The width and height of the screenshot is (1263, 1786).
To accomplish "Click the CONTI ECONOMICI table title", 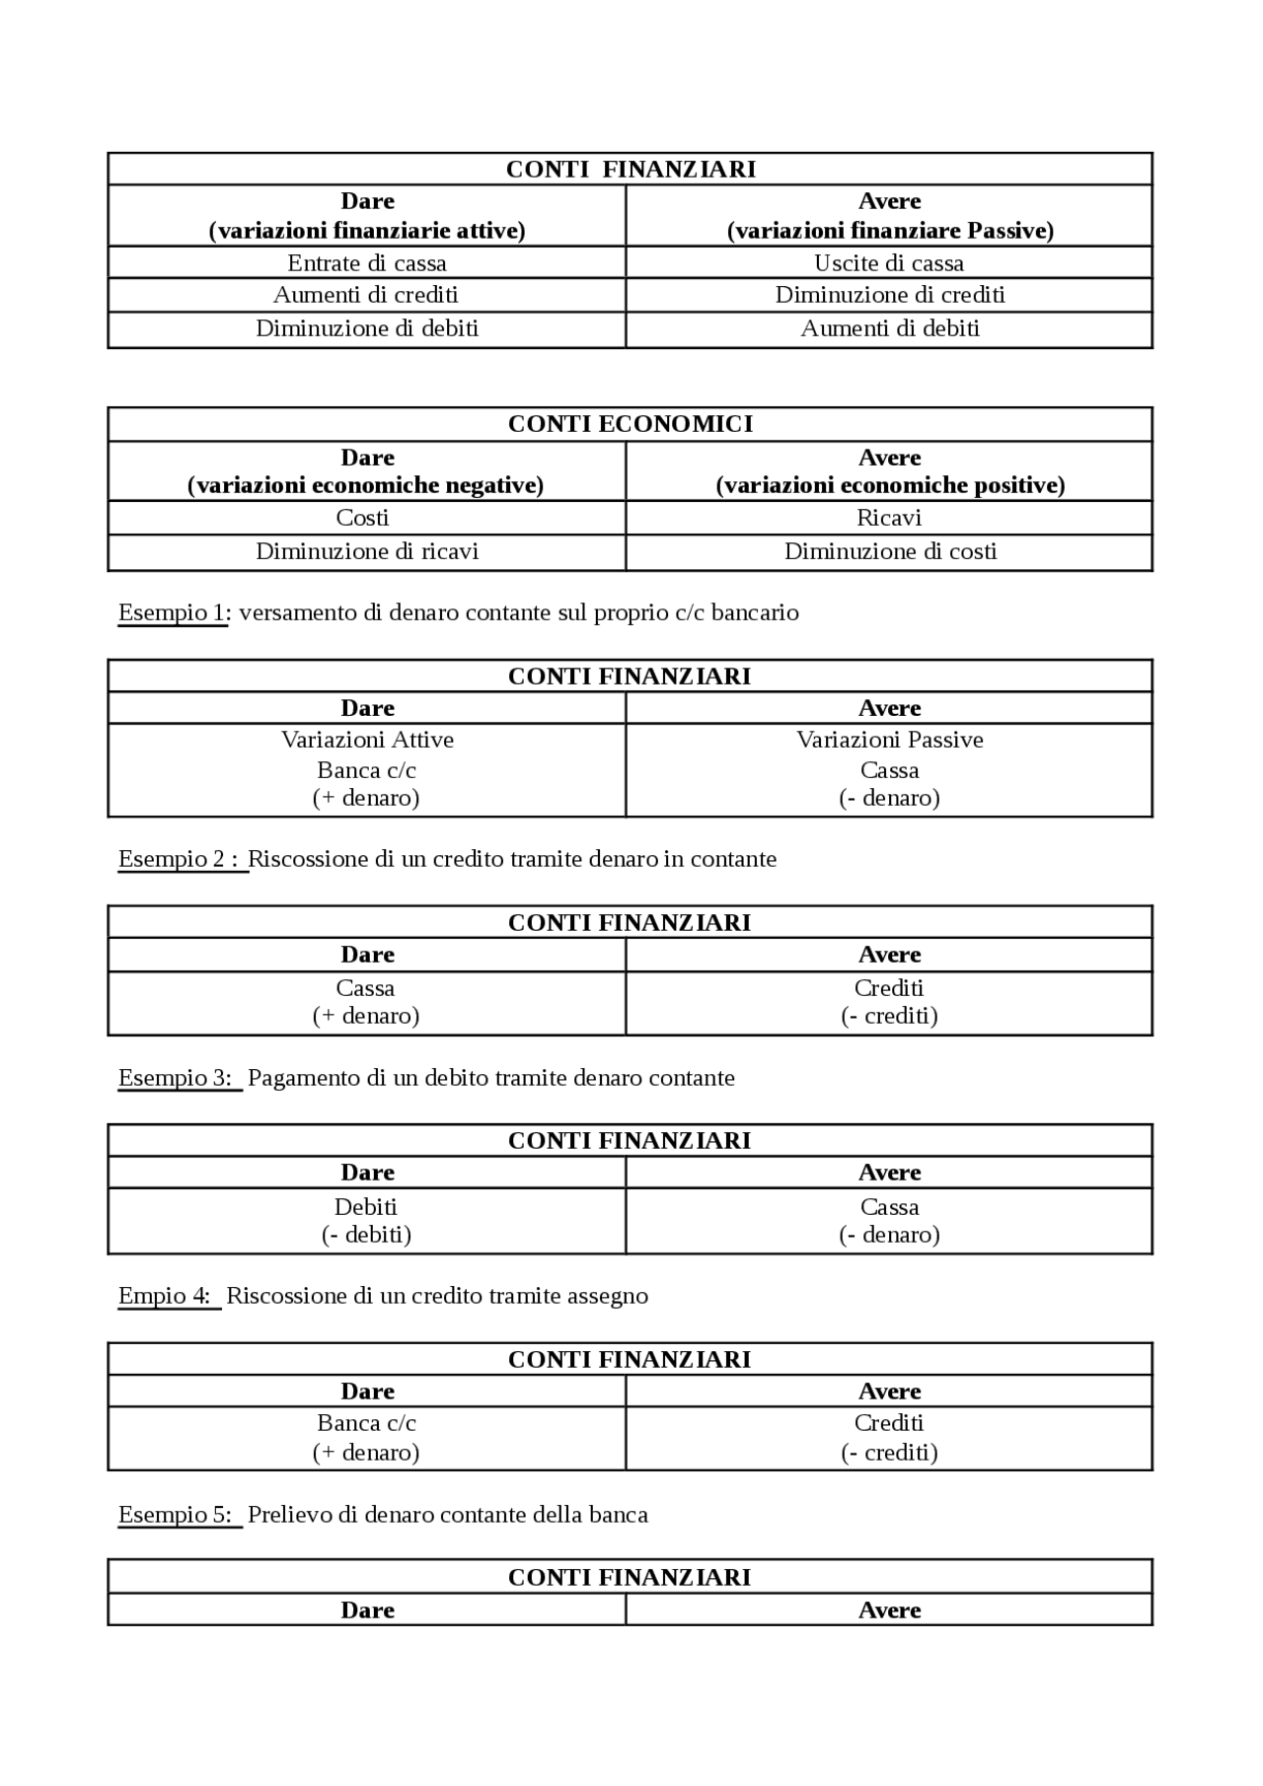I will pos(630,424).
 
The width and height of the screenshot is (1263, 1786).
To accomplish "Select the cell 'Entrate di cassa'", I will pos(367,263).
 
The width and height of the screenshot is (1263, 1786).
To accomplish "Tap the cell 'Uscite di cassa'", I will pos(889,263).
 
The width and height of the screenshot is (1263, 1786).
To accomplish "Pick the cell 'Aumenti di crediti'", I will pos(366,295).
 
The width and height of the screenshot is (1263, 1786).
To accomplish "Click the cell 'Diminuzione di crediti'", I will pos(890,295).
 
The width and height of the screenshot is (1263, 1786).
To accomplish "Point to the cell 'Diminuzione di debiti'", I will pos(367,328).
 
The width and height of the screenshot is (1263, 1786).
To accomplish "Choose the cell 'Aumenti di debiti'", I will pos(890,328).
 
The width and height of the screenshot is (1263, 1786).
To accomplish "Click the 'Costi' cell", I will pos(362,518).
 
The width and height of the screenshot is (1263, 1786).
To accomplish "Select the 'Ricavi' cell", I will pos(889,518).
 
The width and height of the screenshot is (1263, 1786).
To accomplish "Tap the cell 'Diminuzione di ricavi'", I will pos(367,551).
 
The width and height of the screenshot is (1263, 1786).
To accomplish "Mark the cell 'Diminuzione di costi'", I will pos(890,551).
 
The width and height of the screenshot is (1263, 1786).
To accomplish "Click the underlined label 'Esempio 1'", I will pos(172,612).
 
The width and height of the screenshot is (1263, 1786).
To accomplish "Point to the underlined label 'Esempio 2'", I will pos(178,859).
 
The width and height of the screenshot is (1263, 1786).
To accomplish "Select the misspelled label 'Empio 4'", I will pos(166,1296).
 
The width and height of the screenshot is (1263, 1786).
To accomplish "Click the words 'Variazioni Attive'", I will pos(367,740).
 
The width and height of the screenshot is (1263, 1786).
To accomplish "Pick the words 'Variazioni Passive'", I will pos(890,740).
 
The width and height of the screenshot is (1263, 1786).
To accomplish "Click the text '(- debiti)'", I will pos(366,1235).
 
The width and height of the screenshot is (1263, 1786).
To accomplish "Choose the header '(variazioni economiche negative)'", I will pos(366,485).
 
